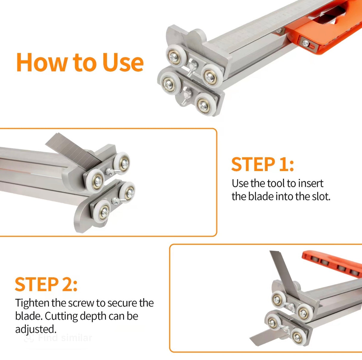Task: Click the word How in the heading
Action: pyautogui.click(x=42, y=62)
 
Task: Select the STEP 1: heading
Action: pyautogui.click(x=262, y=164)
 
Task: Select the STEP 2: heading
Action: pyautogui.click(x=46, y=284)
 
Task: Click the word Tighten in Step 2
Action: pyautogui.click(x=32, y=303)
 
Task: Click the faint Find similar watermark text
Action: pyautogui.click(x=65, y=338)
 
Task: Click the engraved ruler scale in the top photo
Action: pyautogui.click(x=253, y=33)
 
